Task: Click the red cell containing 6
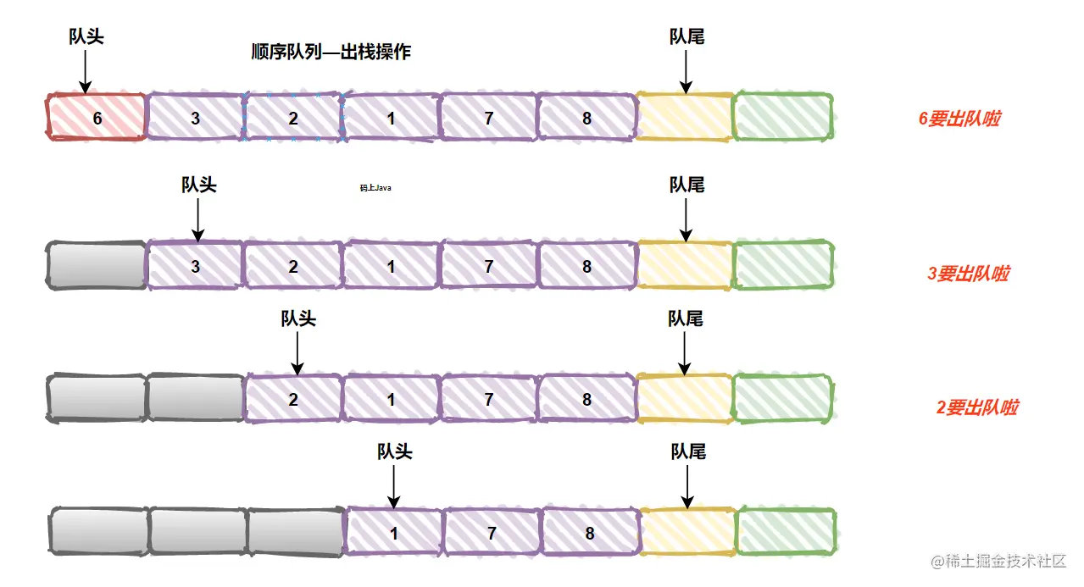point(97,118)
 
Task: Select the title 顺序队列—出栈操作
point(331,52)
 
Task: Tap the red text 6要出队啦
point(959,119)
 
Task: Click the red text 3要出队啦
point(968,274)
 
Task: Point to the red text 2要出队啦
point(976,407)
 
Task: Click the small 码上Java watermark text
point(375,188)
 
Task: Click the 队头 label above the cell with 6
point(86,36)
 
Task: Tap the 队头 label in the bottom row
point(395,451)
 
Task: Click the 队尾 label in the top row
point(687,36)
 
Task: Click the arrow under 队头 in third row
point(297,353)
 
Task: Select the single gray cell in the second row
point(97,265)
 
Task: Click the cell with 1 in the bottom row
point(393,534)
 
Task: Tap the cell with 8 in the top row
point(586,118)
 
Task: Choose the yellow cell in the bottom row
point(687,532)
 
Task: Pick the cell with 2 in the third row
point(293,399)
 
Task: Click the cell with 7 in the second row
point(489,266)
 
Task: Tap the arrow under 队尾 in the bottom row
point(687,486)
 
